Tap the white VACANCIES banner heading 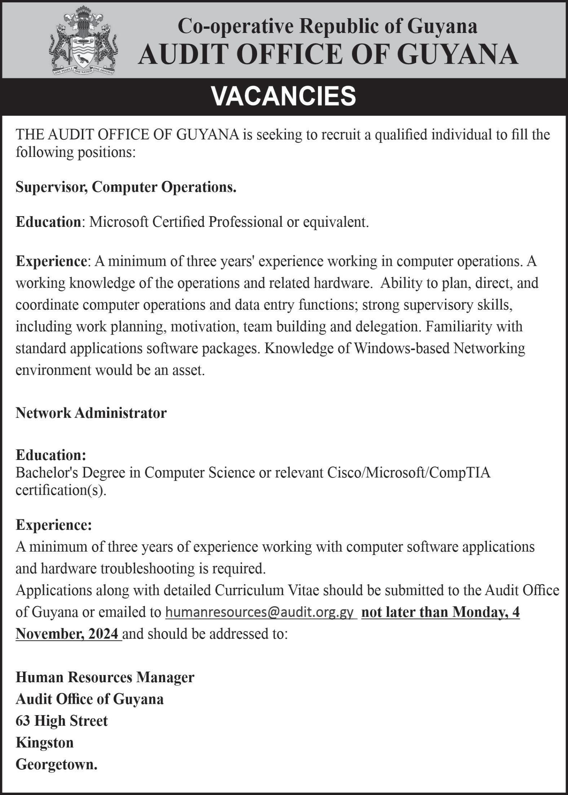pos(284,96)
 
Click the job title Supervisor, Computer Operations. pos(126,187)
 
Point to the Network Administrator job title pos(91,413)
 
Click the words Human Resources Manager pos(105,677)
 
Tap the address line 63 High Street pos(62,721)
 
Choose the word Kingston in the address pos(45,743)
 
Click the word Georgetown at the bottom pos(56,764)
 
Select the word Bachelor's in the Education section pos(43,472)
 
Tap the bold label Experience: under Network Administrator pos(54,525)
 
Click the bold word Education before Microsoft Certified pos(48,222)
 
